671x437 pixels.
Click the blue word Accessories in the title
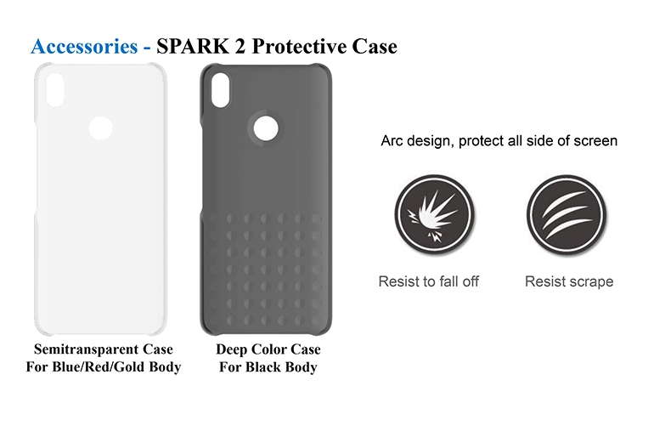point(84,46)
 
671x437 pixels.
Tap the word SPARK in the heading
point(193,46)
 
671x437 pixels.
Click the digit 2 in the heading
point(240,46)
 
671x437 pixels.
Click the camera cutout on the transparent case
point(54,90)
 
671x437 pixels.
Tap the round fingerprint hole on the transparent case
point(100,128)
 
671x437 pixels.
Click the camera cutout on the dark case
point(220,90)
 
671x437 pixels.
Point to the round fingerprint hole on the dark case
point(266,128)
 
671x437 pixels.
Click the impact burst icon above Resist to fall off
point(434,213)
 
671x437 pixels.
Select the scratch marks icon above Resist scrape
point(567,213)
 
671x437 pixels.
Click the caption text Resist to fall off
point(429,281)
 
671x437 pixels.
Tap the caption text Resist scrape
point(569,281)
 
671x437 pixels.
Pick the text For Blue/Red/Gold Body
point(104,367)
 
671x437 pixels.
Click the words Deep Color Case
point(268,349)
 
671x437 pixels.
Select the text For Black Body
point(268,367)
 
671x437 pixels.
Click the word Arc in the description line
point(392,140)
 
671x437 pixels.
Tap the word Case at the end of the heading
point(375,46)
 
